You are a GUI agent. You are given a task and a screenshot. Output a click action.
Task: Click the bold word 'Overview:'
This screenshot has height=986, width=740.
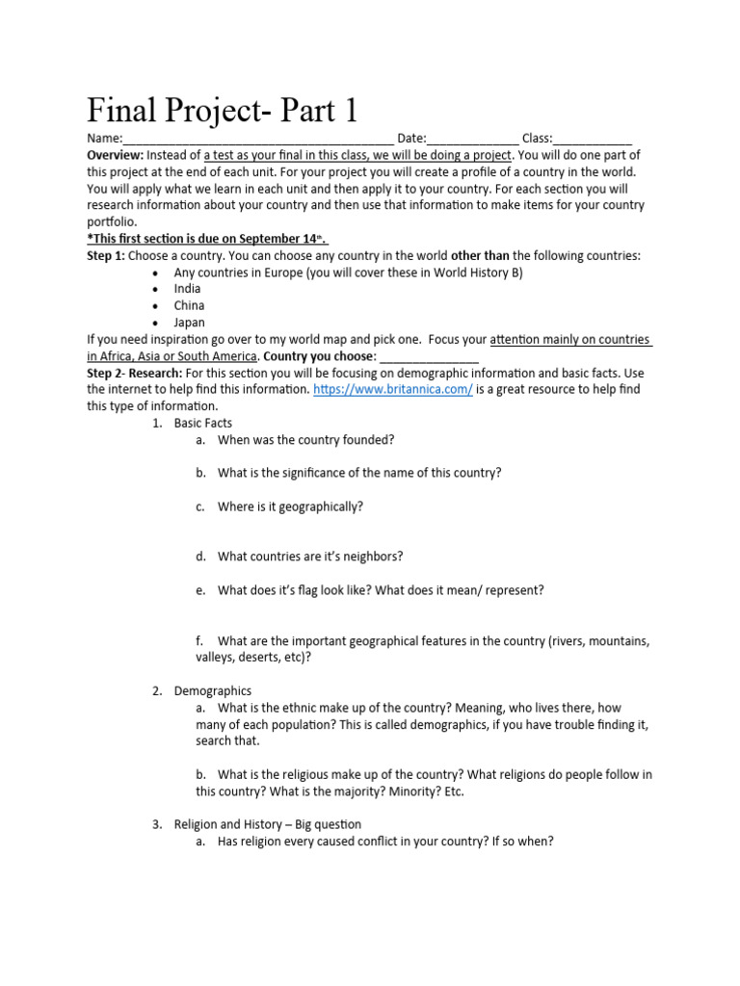pyautogui.click(x=116, y=155)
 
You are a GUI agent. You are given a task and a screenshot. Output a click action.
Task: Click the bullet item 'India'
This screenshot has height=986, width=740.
pyautogui.click(x=188, y=289)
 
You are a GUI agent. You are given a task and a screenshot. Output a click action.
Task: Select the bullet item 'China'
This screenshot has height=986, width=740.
pyautogui.click(x=189, y=305)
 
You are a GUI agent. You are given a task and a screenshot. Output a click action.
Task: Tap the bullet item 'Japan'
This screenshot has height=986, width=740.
pyautogui.click(x=189, y=323)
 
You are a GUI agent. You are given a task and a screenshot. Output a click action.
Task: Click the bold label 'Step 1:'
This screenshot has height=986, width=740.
pyautogui.click(x=105, y=255)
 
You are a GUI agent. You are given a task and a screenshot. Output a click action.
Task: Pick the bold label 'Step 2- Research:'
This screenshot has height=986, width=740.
pyautogui.click(x=134, y=373)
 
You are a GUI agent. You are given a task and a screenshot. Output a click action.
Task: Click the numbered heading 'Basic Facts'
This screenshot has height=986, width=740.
pyautogui.click(x=203, y=423)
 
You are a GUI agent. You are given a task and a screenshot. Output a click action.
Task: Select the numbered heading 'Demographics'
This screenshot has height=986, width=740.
pyautogui.click(x=213, y=690)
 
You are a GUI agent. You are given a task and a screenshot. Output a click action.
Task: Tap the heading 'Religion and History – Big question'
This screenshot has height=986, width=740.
pyautogui.click(x=268, y=824)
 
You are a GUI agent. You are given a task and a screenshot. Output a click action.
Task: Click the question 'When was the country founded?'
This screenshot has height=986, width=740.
pyautogui.click(x=306, y=440)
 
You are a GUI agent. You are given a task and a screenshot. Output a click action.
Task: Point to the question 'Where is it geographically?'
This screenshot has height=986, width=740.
pyautogui.click(x=290, y=506)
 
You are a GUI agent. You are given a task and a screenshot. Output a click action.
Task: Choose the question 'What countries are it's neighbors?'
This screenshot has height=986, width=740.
pyautogui.click(x=310, y=557)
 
